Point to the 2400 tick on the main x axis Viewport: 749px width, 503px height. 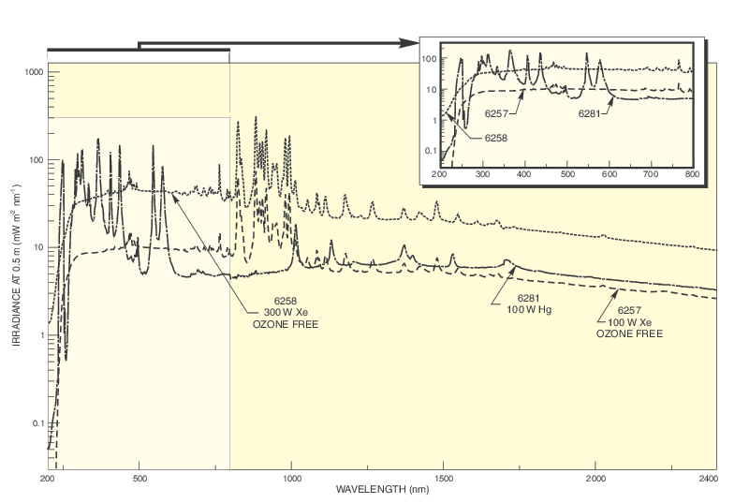710,478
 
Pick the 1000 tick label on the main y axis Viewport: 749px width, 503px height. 36,72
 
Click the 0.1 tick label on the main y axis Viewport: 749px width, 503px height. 38,423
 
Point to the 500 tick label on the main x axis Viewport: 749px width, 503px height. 140,478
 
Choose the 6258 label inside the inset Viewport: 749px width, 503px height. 498,138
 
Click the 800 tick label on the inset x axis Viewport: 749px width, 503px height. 692,174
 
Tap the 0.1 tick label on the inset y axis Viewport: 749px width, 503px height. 431,151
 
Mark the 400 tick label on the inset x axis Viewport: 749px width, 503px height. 523,174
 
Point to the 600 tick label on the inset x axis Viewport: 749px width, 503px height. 608,174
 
